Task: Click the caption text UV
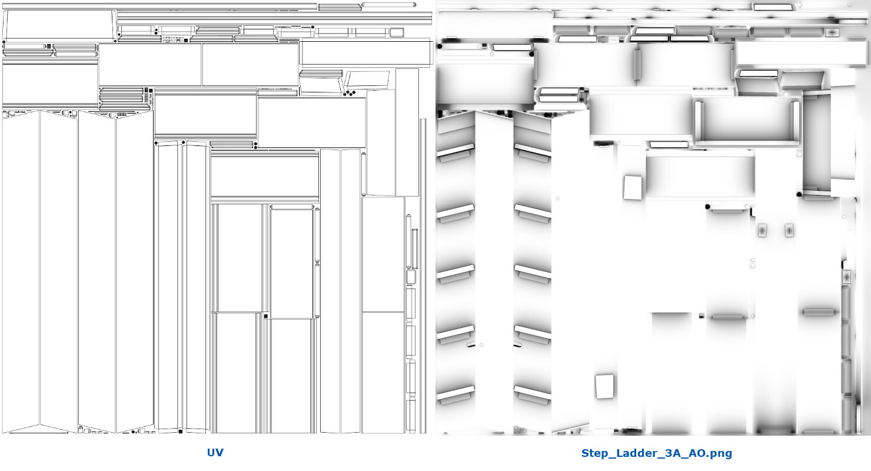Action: (x=215, y=453)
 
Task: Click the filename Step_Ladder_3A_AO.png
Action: (x=656, y=453)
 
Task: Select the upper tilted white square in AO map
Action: (x=633, y=187)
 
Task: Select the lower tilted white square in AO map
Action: (x=604, y=386)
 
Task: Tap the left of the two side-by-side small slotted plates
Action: (x=763, y=231)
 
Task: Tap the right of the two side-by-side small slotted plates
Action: (x=789, y=231)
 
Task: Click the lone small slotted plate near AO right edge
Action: (x=846, y=277)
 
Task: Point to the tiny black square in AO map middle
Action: (x=701, y=316)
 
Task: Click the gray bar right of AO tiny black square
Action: (x=727, y=317)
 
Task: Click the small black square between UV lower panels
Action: (x=266, y=317)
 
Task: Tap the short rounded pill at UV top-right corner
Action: (x=388, y=5)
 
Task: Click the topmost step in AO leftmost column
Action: (x=455, y=151)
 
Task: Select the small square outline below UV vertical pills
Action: (x=411, y=277)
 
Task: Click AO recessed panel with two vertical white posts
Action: (x=746, y=121)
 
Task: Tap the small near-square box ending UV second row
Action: (x=397, y=32)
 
